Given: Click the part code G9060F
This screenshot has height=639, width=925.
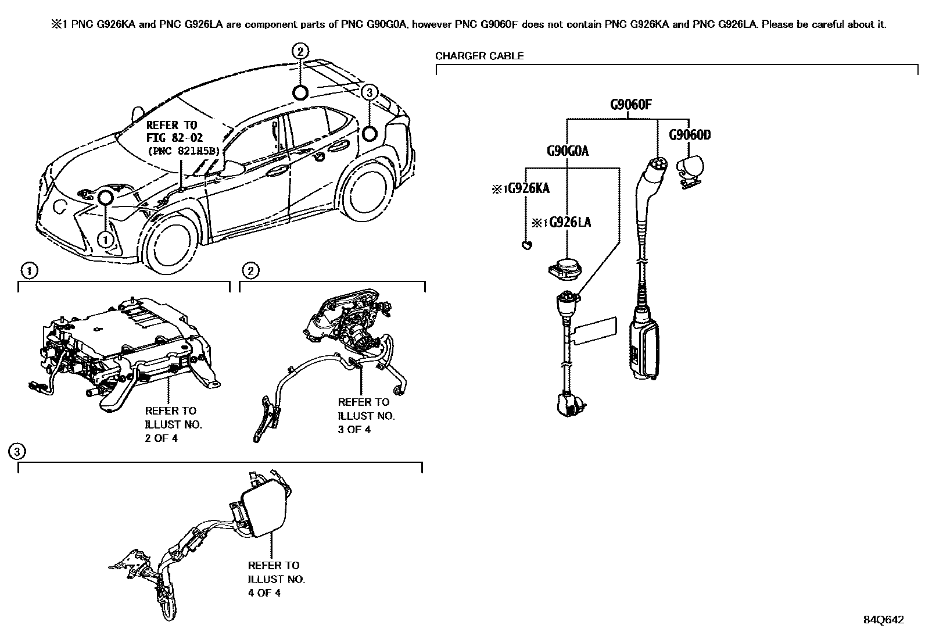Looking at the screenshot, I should coord(630,105).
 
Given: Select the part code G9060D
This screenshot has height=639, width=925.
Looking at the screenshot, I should coord(690,135).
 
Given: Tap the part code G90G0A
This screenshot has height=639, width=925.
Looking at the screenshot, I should coord(567,151).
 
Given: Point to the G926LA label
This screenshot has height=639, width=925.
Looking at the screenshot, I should coord(566,223).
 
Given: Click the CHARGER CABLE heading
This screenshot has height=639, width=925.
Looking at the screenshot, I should coord(479,56).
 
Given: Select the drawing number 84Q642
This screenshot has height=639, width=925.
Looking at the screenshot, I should coord(883,619).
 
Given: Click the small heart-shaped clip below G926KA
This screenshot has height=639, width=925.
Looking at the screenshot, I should coord(526,246).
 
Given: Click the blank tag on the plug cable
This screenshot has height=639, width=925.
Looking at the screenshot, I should coord(596,330).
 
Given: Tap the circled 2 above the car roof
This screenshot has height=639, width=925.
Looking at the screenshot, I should coord(300,52).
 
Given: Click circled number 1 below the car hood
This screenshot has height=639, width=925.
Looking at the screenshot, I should coord(105,238).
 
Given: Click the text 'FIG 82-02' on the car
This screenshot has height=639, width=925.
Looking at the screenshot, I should coord(172,138).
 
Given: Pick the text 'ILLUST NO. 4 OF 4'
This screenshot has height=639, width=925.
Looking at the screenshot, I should coord(276,586).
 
